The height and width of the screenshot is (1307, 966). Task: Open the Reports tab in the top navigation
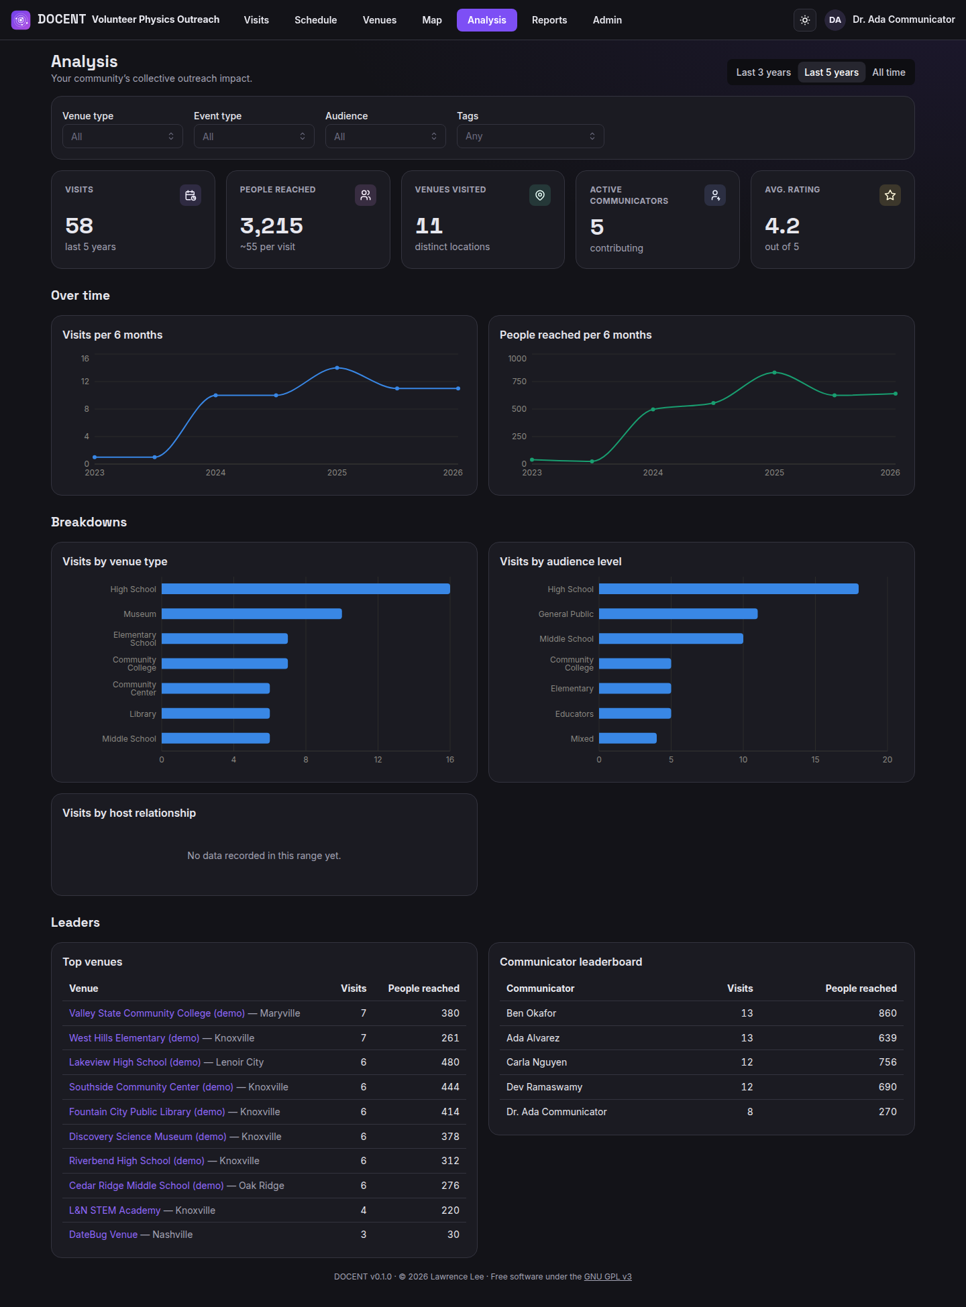[549, 20]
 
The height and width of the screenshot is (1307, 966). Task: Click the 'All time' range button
[888, 72]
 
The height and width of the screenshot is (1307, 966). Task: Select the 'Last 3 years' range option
[763, 72]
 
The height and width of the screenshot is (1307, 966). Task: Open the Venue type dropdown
[122, 136]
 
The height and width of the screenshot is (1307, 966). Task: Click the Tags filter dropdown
[530, 136]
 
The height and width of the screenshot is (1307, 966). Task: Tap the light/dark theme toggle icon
[805, 20]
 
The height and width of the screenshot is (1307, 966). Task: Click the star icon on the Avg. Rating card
[890, 195]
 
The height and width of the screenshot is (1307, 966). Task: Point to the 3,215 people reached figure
[272, 226]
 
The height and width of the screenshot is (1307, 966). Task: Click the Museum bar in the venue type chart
[252, 614]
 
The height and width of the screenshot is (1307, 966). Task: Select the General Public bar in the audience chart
[678, 614]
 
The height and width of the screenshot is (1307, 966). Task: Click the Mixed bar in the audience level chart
[628, 738]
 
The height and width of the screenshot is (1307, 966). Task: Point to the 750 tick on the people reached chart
[519, 382]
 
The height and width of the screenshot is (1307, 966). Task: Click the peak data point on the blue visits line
[337, 367]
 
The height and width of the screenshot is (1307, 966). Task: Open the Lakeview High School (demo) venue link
[135, 1062]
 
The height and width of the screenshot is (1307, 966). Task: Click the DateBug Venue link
[103, 1235]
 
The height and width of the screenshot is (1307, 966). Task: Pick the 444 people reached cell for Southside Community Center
[450, 1087]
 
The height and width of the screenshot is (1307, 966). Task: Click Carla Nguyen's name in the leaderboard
[537, 1062]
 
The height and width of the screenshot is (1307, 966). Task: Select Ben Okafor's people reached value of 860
[888, 1013]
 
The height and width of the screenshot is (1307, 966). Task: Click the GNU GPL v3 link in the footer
[608, 1277]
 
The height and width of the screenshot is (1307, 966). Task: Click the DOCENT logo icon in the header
[21, 20]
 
